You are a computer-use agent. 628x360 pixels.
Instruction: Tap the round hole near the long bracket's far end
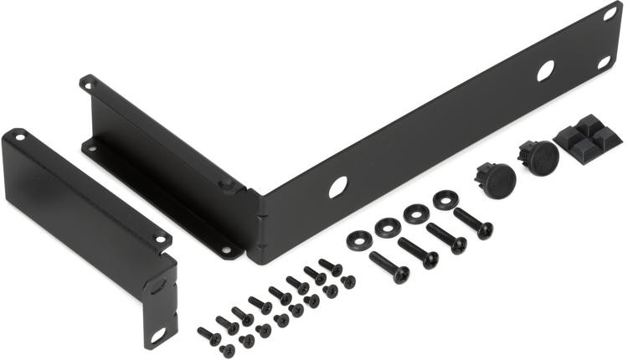click(545, 71)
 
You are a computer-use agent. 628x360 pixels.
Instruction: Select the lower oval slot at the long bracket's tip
click(604, 62)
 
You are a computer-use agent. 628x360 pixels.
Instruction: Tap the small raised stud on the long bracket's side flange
click(224, 186)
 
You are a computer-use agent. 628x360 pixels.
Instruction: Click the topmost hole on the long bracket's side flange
click(85, 82)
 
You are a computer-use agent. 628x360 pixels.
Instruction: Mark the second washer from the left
click(387, 226)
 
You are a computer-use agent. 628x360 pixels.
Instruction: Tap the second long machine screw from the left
click(417, 251)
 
